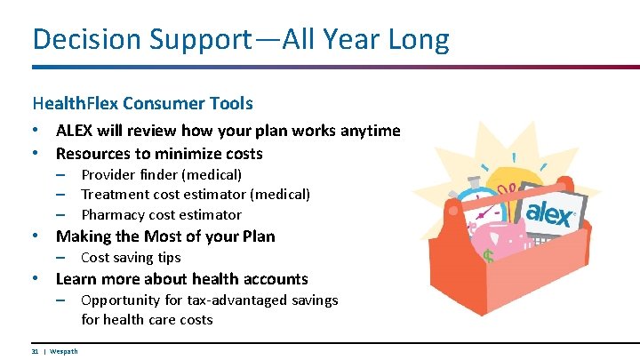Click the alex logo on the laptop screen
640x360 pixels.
coord(550,212)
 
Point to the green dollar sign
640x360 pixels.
coord(489,257)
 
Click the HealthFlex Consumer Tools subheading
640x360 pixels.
coord(142,104)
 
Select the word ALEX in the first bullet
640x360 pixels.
coord(76,131)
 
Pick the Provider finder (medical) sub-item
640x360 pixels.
coord(161,174)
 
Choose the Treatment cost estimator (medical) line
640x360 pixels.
coord(196,194)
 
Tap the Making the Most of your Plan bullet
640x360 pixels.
coord(165,236)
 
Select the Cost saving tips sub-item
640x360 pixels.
coord(131,258)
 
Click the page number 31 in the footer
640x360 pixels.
coord(35,351)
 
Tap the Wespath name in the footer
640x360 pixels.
coord(63,351)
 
